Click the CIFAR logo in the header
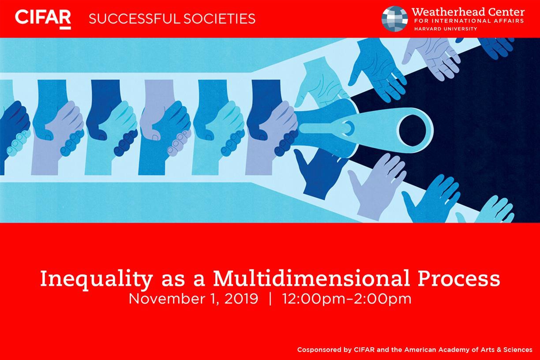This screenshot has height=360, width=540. coord(43,19)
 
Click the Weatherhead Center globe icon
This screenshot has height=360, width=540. coord(395,19)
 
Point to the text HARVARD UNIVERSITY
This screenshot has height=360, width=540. coord(446,29)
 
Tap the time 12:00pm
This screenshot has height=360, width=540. coord(314,299)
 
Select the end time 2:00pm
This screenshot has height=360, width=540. coord(382,299)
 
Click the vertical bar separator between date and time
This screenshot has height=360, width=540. coord(270,299)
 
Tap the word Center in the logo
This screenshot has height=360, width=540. coord(510,12)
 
